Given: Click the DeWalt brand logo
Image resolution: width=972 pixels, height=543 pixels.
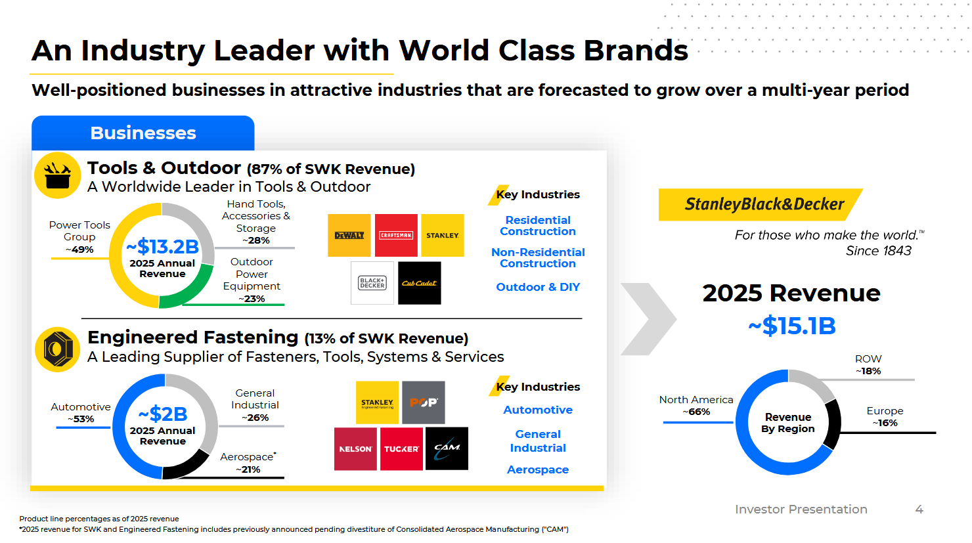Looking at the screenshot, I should [x=349, y=235].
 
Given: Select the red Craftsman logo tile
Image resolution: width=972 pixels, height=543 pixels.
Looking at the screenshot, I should [x=396, y=235].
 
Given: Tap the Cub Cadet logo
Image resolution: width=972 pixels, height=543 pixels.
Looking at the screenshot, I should [x=420, y=283].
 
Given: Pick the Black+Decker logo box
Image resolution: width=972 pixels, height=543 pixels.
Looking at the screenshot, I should [x=372, y=283].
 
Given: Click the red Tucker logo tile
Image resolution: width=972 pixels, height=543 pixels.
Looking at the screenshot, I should [x=401, y=448].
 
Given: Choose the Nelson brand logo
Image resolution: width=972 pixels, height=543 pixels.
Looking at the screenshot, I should [x=355, y=448].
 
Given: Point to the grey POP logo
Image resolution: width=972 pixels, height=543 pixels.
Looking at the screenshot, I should [x=424, y=402].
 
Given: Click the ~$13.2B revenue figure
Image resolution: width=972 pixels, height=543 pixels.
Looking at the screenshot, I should [x=163, y=247].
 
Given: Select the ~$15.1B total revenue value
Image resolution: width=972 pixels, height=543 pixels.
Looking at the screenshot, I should [x=792, y=326].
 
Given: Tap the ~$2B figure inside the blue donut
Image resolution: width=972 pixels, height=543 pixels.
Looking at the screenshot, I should [x=163, y=414].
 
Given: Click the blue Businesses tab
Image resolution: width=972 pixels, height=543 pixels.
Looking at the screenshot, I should [x=143, y=133].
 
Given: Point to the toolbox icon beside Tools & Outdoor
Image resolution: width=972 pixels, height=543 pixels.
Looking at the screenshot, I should [x=58, y=175].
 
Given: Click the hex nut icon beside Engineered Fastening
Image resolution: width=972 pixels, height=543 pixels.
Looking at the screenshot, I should [x=58, y=349].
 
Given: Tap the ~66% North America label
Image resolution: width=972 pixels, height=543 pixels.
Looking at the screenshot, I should [x=696, y=412].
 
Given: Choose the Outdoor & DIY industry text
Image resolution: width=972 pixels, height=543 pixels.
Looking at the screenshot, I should [x=538, y=287].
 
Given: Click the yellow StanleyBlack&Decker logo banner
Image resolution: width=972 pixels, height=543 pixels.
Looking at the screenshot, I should [x=761, y=204].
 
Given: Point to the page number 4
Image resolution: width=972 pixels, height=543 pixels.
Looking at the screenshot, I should [x=919, y=510].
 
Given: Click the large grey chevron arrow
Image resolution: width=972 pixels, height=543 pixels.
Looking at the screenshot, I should [x=648, y=319].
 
